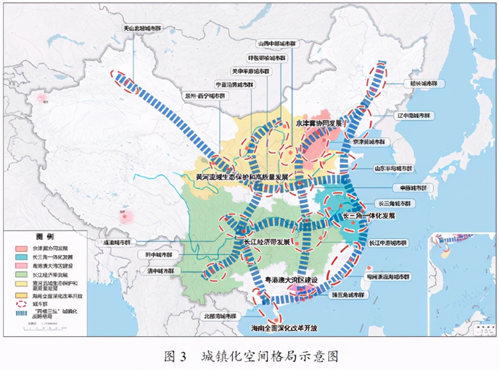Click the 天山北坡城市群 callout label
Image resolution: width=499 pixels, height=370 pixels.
point(142,28)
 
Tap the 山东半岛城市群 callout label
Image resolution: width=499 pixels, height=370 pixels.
point(394,168)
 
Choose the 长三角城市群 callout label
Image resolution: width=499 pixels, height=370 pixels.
point(393,203)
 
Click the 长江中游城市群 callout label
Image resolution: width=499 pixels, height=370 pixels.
point(388,243)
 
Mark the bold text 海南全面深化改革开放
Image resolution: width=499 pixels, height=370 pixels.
point(284,328)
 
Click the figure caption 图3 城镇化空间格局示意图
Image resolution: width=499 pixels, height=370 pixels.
point(251,356)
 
